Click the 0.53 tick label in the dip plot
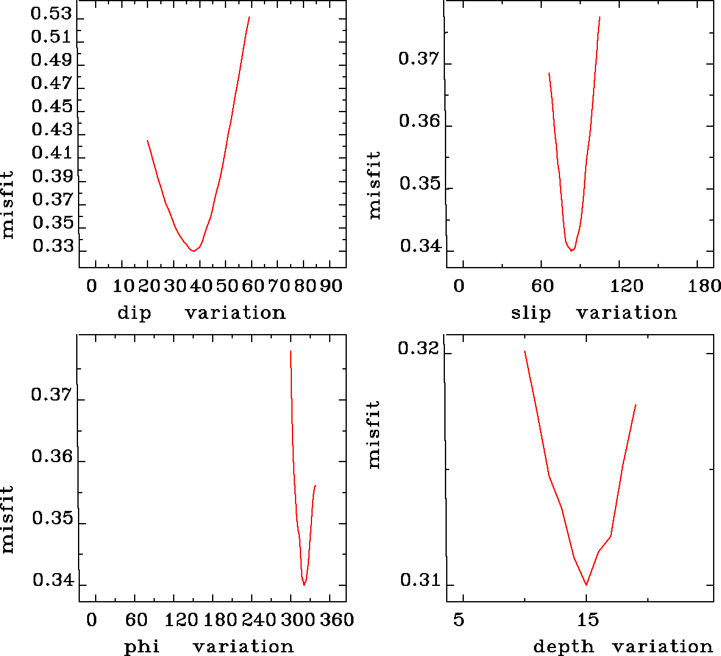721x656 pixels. click(x=51, y=13)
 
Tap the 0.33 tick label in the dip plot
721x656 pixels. click(x=52, y=246)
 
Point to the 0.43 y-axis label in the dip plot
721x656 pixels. click(x=51, y=130)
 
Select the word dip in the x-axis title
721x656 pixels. click(x=133, y=313)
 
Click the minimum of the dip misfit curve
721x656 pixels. click(x=193, y=251)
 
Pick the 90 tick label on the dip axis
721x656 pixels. click(x=332, y=286)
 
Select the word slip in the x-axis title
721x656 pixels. click(x=530, y=313)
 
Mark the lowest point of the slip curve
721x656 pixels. click(x=572, y=251)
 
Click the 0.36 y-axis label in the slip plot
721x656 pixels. click(x=419, y=121)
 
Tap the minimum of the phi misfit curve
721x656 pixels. click(x=304, y=585)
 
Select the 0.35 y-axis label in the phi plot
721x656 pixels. click(x=52, y=519)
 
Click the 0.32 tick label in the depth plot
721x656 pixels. click(x=418, y=349)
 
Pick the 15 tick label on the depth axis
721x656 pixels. click(x=588, y=620)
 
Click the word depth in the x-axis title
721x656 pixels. click(x=563, y=646)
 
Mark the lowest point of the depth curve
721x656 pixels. click(x=586, y=585)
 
